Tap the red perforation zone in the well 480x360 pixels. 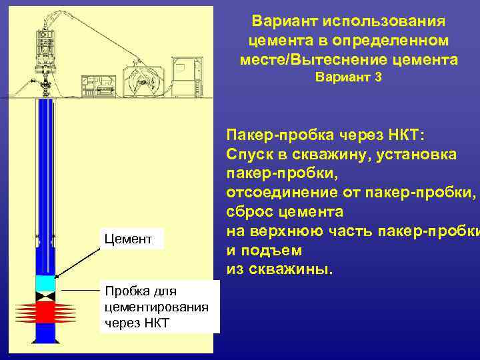45,312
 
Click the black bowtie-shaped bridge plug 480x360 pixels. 45,295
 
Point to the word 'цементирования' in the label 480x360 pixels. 157,307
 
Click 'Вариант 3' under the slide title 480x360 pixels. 348,78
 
